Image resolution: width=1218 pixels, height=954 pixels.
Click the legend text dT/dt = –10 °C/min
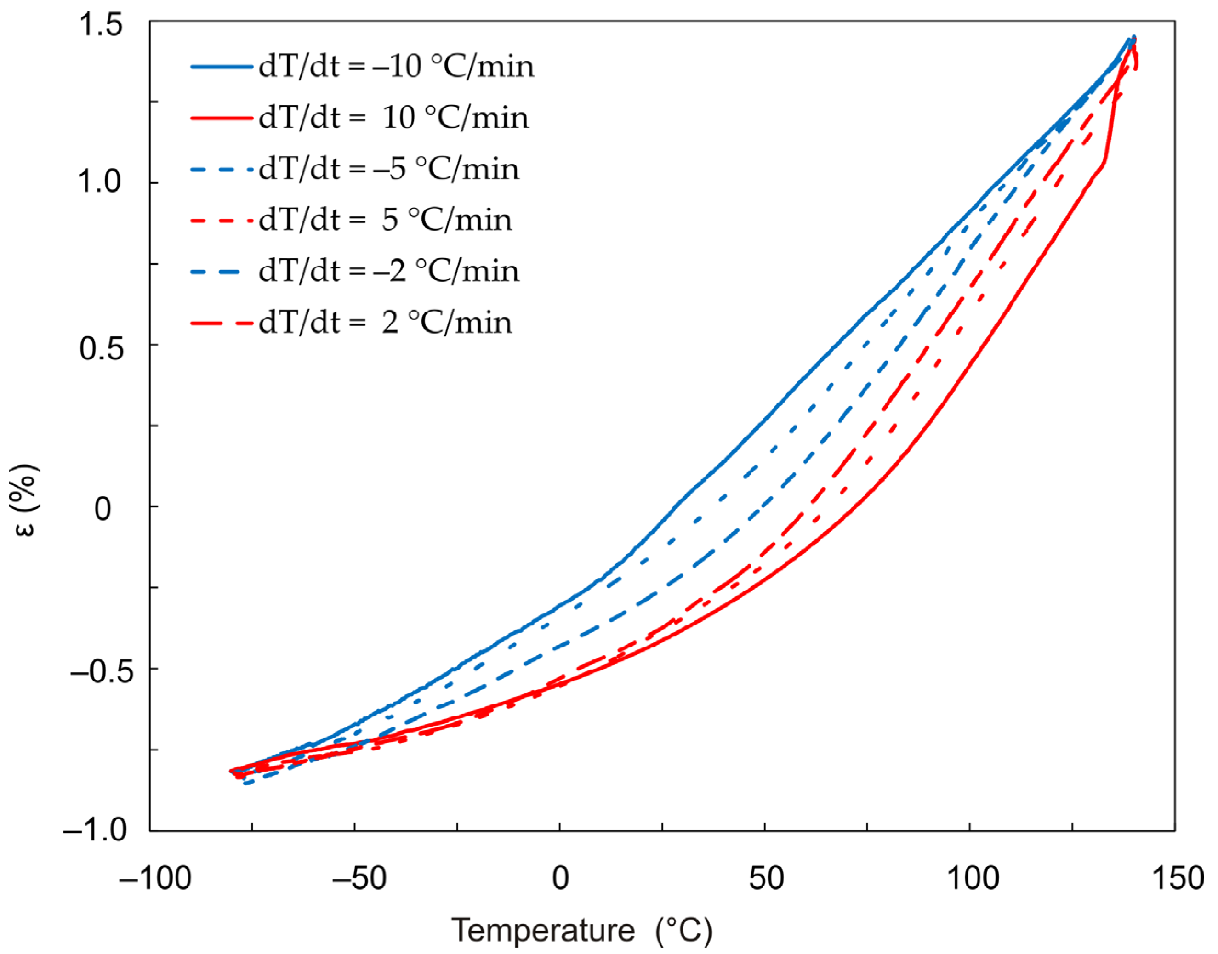point(396,67)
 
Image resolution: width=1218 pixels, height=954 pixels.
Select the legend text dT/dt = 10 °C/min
point(393,118)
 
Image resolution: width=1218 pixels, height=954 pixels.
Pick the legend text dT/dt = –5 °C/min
point(388,169)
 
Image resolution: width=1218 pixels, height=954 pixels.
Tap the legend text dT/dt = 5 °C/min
point(385,220)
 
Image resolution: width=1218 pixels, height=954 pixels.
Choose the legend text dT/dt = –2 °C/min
point(388,272)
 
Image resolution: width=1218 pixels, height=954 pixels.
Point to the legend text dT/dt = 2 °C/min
point(385,323)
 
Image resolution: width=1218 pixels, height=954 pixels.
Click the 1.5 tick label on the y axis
point(101,25)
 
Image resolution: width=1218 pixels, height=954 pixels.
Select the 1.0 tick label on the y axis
point(101,182)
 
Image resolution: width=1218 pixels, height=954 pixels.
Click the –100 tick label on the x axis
point(155,879)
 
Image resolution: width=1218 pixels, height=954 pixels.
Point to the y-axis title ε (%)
point(25,500)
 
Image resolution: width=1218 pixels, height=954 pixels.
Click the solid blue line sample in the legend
point(221,67)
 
